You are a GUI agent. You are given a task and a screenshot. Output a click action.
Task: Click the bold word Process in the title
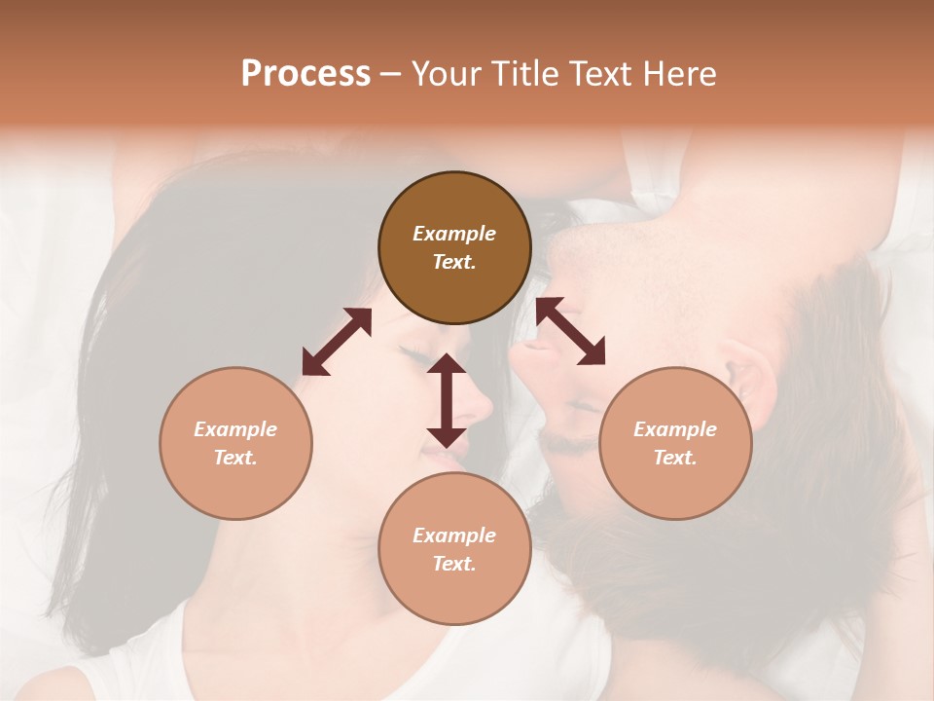click(305, 74)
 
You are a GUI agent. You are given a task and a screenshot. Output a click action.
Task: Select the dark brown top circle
click(454, 248)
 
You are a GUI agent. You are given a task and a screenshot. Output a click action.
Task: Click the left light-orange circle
click(235, 443)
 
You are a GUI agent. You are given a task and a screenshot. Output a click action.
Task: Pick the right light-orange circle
click(675, 443)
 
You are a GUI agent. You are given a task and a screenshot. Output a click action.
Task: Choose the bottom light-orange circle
click(454, 549)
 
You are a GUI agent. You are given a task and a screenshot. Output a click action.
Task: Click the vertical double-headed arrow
click(447, 400)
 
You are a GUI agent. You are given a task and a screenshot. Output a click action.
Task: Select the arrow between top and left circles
click(337, 341)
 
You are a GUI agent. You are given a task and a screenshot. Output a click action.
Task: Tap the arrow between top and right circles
click(570, 331)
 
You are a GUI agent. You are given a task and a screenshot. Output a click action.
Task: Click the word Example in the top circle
click(454, 234)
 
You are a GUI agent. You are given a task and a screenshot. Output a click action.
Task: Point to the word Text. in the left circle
click(235, 458)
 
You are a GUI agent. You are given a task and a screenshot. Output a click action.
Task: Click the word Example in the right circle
click(675, 429)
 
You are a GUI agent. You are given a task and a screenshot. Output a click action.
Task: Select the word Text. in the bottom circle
click(454, 564)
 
